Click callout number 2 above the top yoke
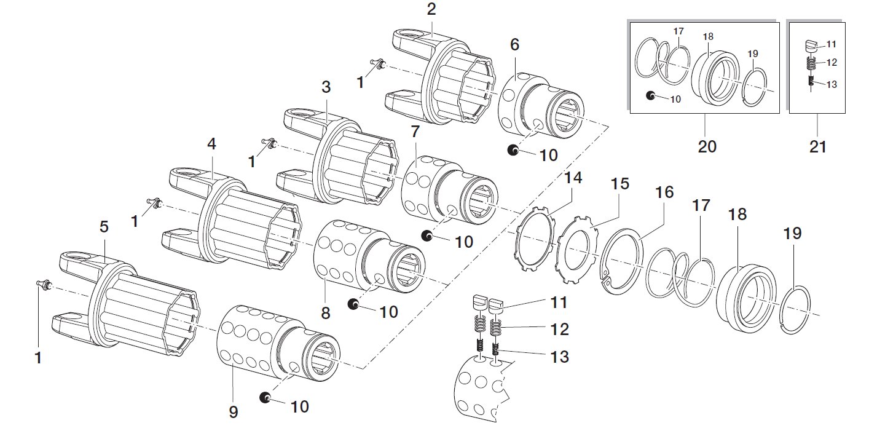(x=431, y=9)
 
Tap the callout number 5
(x=104, y=227)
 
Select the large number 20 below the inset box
(x=707, y=147)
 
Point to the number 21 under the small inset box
(x=818, y=147)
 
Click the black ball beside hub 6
(x=513, y=149)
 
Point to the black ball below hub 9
(x=265, y=398)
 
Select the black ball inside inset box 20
(x=651, y=95)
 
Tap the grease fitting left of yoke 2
(x=377, y=62)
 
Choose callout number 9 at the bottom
(x=233, y=412)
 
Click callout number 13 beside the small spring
(x=560, y=357)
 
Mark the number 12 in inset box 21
(x=832, y=62)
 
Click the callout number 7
(x=415, y=131)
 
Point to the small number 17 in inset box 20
(x=678, y=31)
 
